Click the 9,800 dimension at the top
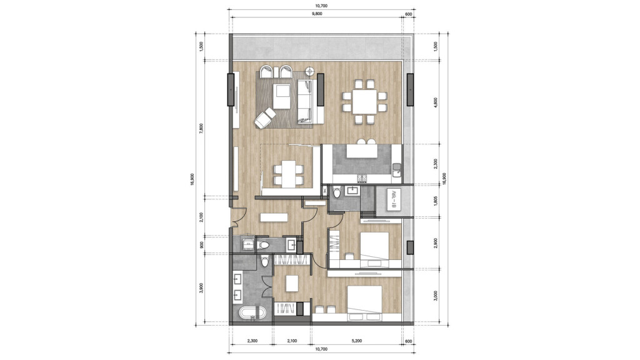pos(321,13)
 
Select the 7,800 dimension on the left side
pos(200,127)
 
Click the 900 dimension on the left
pos(200,244)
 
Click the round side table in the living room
pos(309,71)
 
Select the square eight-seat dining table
pos(364,100)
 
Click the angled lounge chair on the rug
pos(266,117)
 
